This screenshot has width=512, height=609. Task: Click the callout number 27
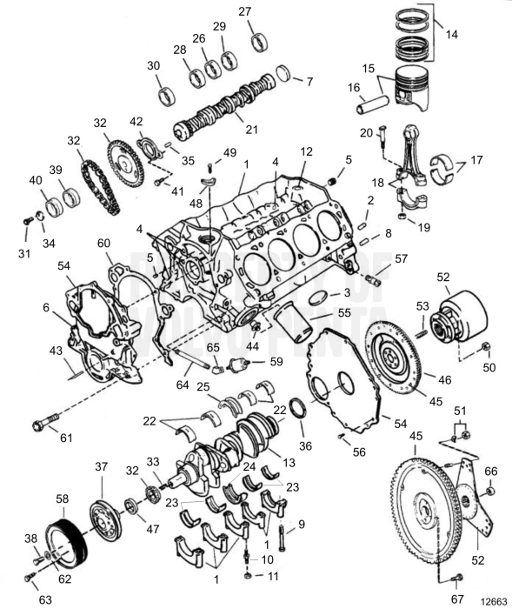pyautogui.click(x=244, y=11)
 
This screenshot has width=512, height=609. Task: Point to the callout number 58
pyautogui.click(x=62, y=499)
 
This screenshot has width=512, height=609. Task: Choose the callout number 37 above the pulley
pyautogui.click(x=102, y=467)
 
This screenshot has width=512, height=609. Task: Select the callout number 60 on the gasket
pyautogui.click(x=104, y=244)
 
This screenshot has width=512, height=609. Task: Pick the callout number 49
pyautogui.click(x=229, y=152)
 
